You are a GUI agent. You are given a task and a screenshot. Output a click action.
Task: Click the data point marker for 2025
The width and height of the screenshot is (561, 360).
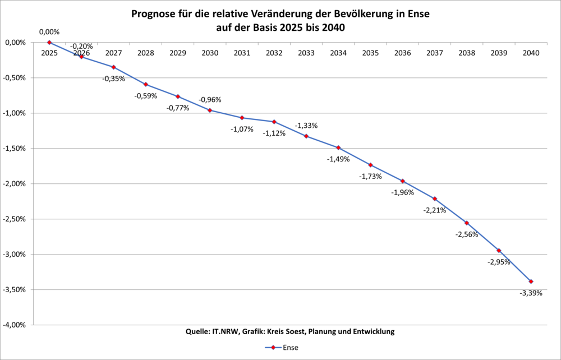coord(49,42)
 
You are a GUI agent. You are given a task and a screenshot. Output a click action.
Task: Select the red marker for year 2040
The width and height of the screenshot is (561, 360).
coord(531,281)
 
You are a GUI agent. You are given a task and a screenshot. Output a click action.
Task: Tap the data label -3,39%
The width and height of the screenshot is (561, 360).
coord(531,293)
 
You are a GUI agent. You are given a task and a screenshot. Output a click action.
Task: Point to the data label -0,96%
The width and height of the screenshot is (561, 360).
coord(210,100)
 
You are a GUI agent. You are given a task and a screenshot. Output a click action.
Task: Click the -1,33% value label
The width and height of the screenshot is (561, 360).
coord(306,125)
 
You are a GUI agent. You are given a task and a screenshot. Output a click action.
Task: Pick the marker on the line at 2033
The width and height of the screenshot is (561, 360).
coord(306,136)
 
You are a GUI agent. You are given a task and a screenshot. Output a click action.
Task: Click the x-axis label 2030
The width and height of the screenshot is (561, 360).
coord(210,53)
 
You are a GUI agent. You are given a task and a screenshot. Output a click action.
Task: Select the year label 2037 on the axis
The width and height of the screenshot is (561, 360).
coord(435,53)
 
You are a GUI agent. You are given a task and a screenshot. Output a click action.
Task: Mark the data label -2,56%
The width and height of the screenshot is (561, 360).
coord(467,234)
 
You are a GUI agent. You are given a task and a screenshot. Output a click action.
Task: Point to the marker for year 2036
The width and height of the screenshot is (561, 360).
coord(402,181)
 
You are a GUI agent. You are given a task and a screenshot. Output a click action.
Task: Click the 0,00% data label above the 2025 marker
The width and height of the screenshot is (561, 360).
coord(49,32)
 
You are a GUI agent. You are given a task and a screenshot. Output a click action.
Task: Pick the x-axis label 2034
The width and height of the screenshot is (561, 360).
coord(338,53)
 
